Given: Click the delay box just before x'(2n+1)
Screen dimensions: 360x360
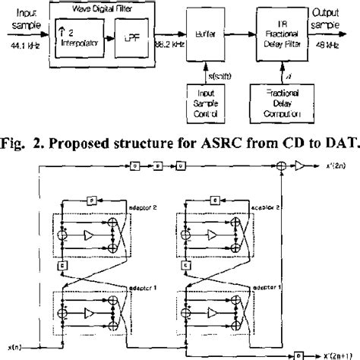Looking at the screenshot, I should (301, 354).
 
